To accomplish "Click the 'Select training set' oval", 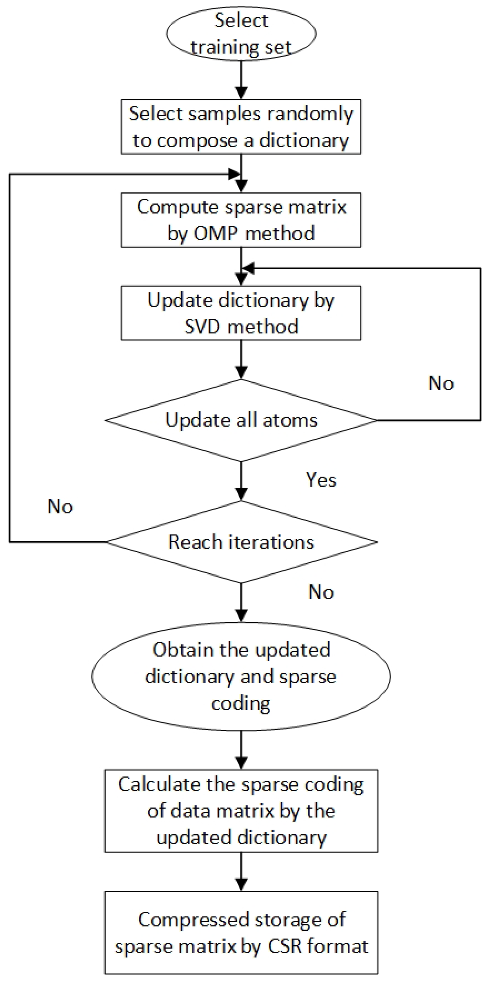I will click(x=241, y=33).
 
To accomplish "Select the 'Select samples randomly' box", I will click(x=241, y=127).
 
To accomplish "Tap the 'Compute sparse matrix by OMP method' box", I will click(x=241, y=220).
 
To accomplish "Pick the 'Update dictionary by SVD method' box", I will click(x=241, y=313).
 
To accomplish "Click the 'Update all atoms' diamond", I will click(x=241, y=420).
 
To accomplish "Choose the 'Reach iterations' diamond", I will click(x=241, y=542).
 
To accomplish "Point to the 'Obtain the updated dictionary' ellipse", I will click(x=241, y=676).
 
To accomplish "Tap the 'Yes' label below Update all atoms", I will click(x=321, y=480).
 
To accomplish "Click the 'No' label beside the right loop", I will click(x=441, y=383).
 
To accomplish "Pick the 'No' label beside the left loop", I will click(x=60, y=506).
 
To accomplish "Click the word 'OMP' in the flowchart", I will click(x=216, y=233).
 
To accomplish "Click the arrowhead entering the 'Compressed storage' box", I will click(x=241, y=884).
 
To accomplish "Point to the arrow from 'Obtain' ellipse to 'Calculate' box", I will click(x=241, y=750).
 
